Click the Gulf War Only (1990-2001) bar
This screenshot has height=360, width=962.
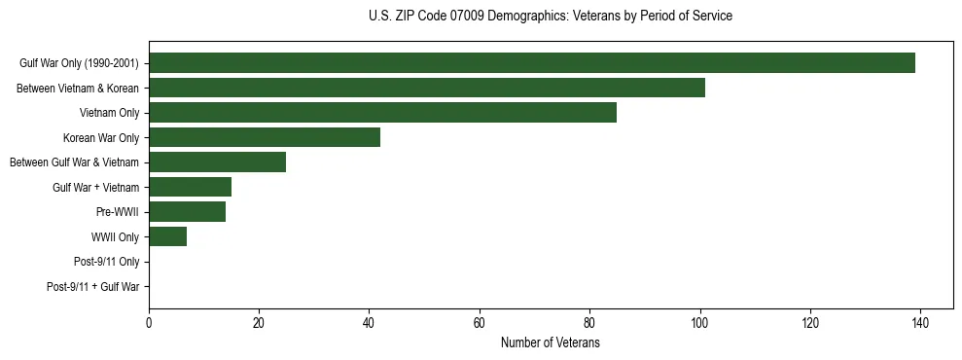[532, 63]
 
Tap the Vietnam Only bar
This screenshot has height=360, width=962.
[382, 113]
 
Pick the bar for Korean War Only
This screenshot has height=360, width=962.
[265, 137]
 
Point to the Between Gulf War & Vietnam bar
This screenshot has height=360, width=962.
[217, 162]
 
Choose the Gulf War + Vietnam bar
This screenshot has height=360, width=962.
[190, 187]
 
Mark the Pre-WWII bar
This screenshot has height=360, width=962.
[187, 211]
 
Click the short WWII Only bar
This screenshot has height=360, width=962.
[167, 236]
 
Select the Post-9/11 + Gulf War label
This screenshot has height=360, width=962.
[93, 287]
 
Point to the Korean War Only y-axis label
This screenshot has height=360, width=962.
[101, 138]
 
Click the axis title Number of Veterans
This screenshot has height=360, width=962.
[550, 343]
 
